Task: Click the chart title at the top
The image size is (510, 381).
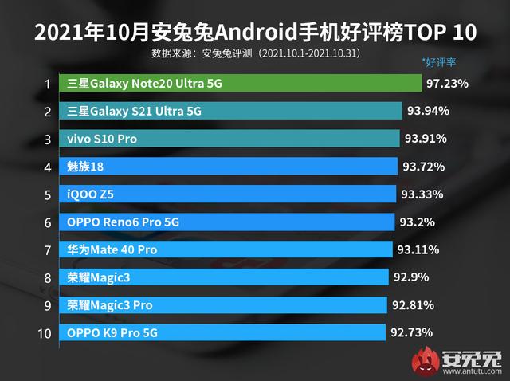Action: coord(255,32)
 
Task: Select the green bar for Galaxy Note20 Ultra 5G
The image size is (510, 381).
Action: coord(240,83)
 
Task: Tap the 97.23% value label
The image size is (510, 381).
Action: coord(447,83)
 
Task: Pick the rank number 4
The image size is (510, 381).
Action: coord(48,167)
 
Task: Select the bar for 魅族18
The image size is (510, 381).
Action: coord(228,167)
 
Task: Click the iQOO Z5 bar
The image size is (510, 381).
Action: coord(227,194)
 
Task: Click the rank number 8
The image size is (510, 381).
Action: coord(48,277)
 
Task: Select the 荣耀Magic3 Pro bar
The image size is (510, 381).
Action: coord(224,305)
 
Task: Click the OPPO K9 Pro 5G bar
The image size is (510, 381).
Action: coord(223,332)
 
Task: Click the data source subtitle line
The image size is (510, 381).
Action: coord(256,54)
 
